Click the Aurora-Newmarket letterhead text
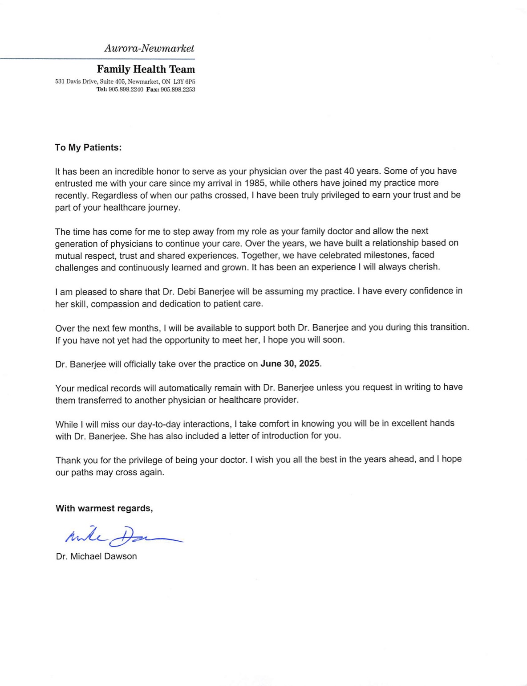point(149,48)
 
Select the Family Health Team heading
point(146,69)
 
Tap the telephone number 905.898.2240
point(126,90)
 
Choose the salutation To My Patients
point(88,147)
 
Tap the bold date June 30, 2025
point(290,363)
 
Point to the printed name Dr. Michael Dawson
point(96,556)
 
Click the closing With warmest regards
point(104,508)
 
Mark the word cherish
point(424,267)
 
